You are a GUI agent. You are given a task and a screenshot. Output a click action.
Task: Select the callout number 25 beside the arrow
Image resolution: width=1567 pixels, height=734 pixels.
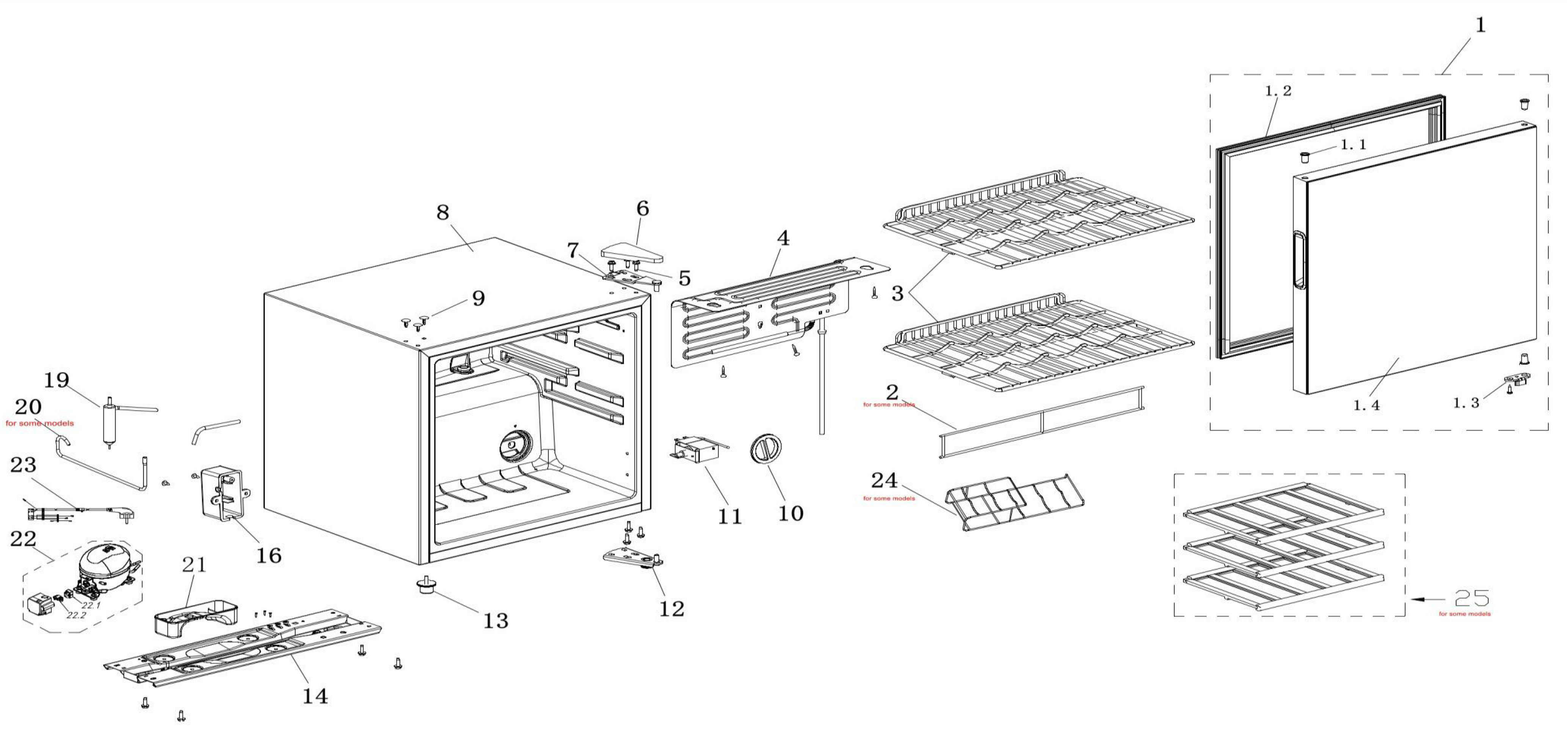pyautogui.click(x=1472, y=598)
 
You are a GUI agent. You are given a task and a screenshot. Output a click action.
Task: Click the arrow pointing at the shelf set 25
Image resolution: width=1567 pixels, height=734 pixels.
pyautogui.click(x=1426, y=599)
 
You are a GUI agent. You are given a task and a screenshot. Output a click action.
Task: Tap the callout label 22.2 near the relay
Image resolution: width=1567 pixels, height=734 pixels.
pyautogui.click(x=77, y=615)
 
